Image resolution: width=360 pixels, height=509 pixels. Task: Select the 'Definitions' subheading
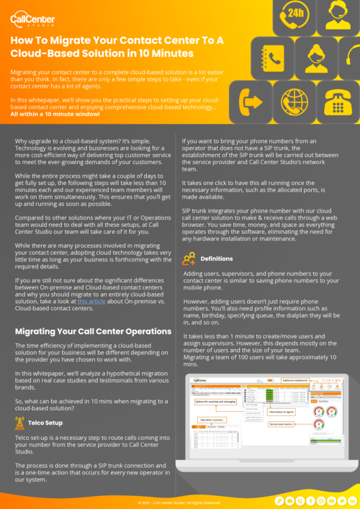(217, 258)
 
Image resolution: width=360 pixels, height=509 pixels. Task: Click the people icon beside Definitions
(189, 258)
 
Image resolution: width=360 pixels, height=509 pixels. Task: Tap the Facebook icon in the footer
(310, 500)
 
